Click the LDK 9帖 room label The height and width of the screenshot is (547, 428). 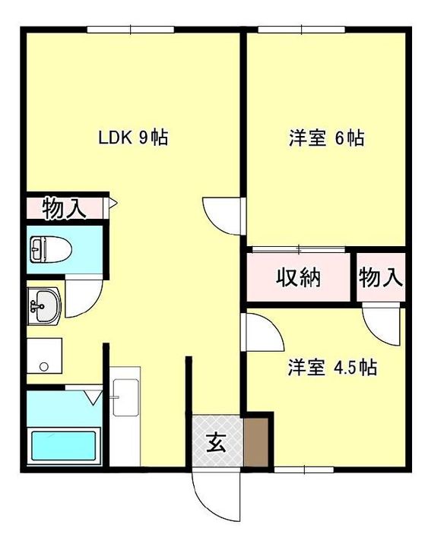pyautogui.click(x=133, y=138)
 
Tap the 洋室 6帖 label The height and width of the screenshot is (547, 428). pyautogui.click(x=325, y=138)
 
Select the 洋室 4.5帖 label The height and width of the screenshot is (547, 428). pyautogui.click(x=332, y=368)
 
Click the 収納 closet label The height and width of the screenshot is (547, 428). pyautogui.click(x=297, y=277)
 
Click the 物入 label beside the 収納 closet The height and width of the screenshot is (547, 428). pyautogui.click(x=380, y=277)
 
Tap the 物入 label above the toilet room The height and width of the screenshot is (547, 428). pyautogui.click(x=64, y=208)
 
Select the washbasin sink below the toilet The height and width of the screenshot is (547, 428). pyautogui.click(x=43, y=306)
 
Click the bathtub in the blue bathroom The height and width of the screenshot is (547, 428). pyautogui.click(x=63, y=450)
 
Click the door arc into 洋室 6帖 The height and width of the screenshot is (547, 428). pyautogui.click(x=223, y=217)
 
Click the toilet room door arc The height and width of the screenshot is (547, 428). pyautogui.click(x=82, y=296)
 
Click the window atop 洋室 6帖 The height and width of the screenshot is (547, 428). pyautogui.click(x=301, y=30)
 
